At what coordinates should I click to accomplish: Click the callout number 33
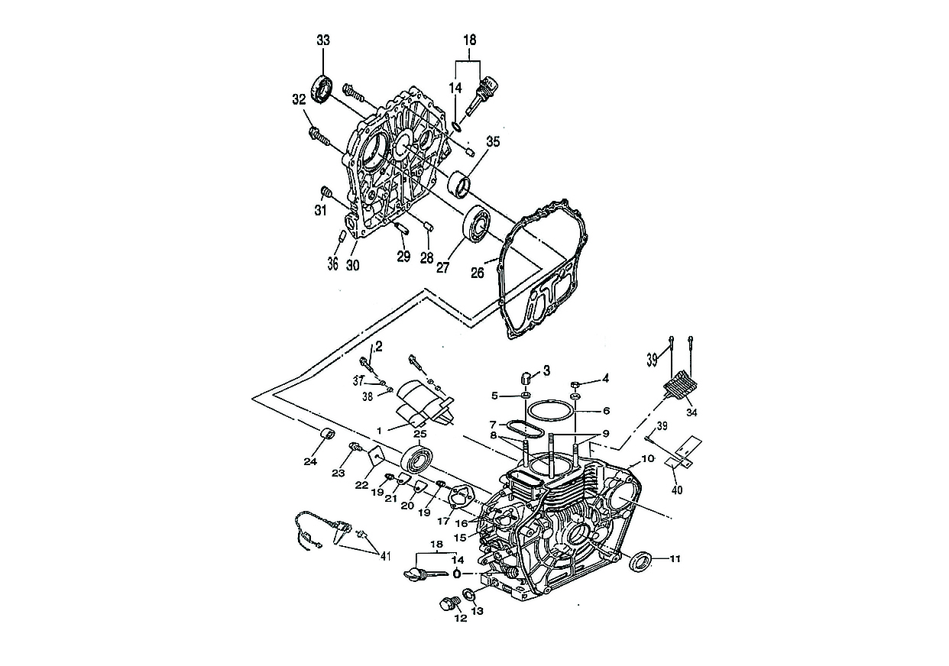coord(323,41)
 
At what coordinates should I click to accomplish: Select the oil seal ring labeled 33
coord(322,89)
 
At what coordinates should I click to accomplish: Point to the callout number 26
coord(478,273)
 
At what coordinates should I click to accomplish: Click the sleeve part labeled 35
coord(460,184)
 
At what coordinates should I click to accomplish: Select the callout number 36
coord(332,264)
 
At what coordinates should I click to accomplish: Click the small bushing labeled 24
coord(330,435)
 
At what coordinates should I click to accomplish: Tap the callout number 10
coord(648,459)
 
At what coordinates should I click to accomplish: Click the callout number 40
coord(675,490)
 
